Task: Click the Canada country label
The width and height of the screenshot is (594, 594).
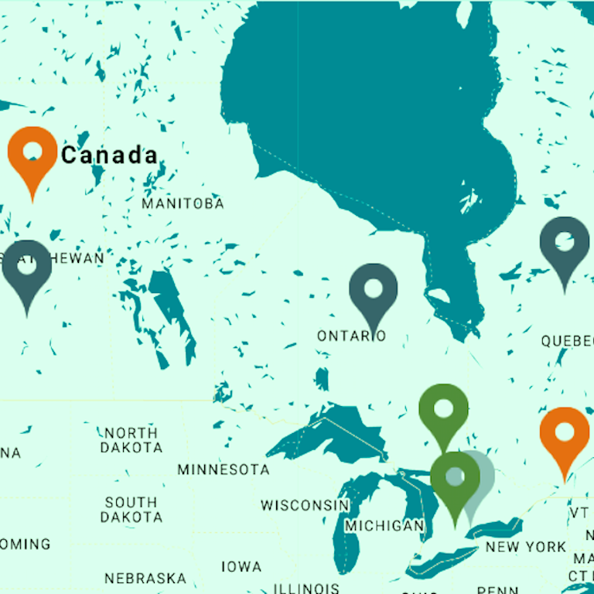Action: [109, 155]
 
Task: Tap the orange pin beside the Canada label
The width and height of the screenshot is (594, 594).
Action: [32, 152]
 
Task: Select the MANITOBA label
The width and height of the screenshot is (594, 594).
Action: [183, 203]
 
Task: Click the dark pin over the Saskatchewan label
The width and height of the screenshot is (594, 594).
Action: [27, 267]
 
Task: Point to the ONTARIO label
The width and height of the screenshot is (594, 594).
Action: [351, 336]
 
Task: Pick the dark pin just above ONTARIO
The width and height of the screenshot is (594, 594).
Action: [373, 290]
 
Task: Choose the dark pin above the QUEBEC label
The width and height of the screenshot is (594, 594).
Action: [565, 244]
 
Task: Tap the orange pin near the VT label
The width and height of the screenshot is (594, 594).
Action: [564, 433]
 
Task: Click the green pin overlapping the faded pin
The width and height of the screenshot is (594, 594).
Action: [455, 477]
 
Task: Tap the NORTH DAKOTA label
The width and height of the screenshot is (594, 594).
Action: [131, 440]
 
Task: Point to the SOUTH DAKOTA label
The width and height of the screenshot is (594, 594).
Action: [131, 510]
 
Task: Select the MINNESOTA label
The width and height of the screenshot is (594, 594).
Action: [224, 469]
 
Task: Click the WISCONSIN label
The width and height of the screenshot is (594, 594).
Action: [305, 505]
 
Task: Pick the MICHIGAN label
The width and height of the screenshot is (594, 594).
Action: [384, 526]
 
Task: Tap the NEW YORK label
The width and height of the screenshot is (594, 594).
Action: [526, 547]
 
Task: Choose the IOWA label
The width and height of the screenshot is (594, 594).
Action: [241, 567]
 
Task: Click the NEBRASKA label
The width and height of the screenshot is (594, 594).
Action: [145, 578]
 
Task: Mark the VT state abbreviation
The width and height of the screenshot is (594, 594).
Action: [579, 513]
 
